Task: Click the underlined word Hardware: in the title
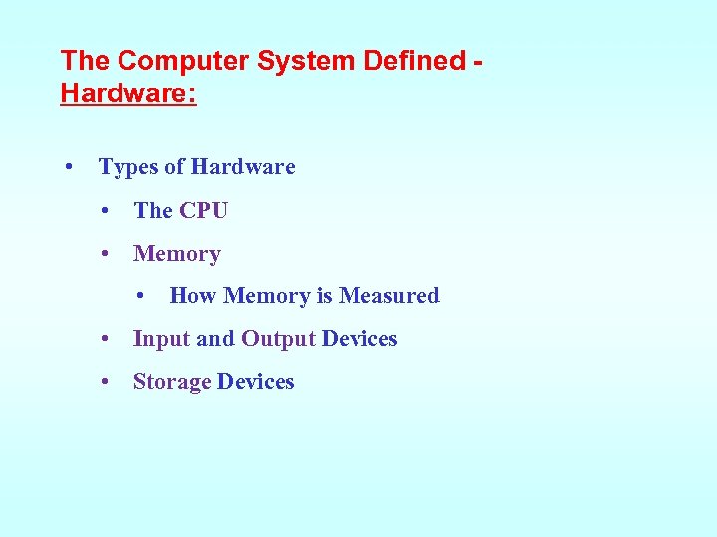[128, 94]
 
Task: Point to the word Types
[129, 167]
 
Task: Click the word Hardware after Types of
[243, 167]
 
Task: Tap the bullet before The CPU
[105, 210]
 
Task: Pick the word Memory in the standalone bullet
[177, 254]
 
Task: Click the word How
[193, 296]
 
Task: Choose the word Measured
[389, 296]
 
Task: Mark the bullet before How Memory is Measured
[141, 295]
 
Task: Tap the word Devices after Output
[359, 339]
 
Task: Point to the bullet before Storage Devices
[105, 382]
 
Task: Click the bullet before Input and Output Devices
[105, 339]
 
